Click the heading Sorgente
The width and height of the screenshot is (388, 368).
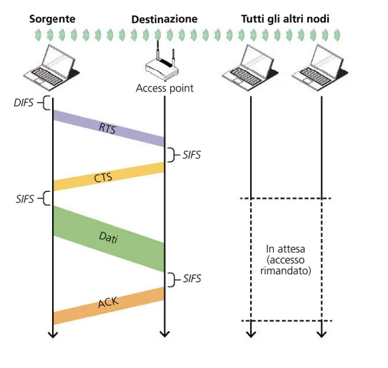click(x=52, y=19)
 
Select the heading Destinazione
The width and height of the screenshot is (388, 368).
click(x=164, y=20)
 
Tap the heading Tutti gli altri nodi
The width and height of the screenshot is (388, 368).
click(x=284, y=19)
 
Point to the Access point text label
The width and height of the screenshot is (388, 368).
click(x=164, y=88)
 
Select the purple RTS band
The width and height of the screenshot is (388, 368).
click(x=108, y=128)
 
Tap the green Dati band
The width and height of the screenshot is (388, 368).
click(x=108, y=238)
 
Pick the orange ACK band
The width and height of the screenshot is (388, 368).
click(x=108, y=305)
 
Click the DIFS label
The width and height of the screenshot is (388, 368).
click(x=23, y=103)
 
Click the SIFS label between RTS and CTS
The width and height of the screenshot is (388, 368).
click(x=191, y=155)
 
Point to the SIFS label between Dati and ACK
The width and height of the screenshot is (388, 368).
click(x=191, y=279)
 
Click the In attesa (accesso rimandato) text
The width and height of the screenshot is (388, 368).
click(x=285, y=259)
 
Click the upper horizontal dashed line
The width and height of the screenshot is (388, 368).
click(x=285, y=198)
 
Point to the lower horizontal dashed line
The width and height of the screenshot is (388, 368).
click(x=285, y=321)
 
